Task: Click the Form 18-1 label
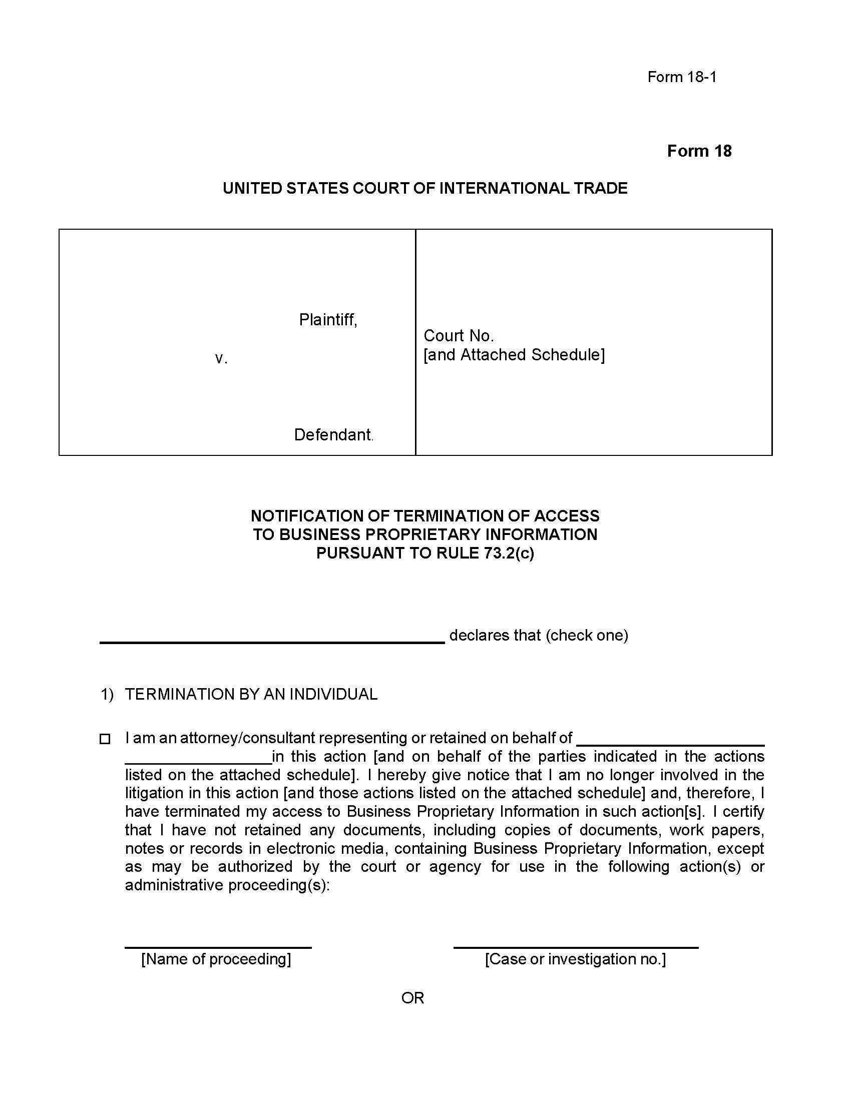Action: click(x=682, y=77)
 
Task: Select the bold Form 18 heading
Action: click(x=699, y=151)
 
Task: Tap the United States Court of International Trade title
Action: click(x=425, y=188)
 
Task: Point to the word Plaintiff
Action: click(x=328, y=320)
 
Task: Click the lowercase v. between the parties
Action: click(x=221, y=358)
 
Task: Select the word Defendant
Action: click(x=333, y=434)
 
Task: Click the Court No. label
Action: click(x=458, y=335)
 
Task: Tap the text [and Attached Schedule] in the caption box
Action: click(x=514, y=355)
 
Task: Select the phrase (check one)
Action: click(x=587, y=635)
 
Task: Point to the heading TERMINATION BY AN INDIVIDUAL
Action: click(x=251, y=694)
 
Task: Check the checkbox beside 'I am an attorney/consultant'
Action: click(x=105, y=739)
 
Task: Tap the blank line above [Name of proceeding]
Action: click(x=218, y=946)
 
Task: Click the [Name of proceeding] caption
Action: click(x=216, y=959)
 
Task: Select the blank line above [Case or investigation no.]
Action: click(x=575, y=946)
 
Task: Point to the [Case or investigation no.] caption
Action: click(x=575, y=959)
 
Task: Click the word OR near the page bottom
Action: click(x=412, y=997)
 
